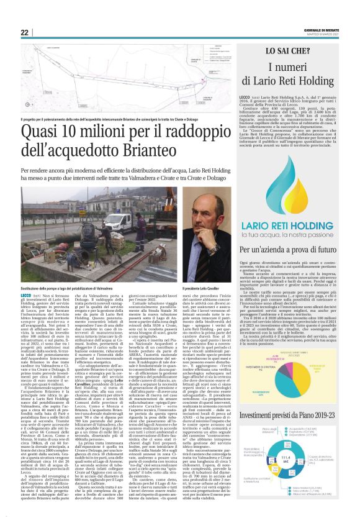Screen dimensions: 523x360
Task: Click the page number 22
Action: [25, 32]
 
